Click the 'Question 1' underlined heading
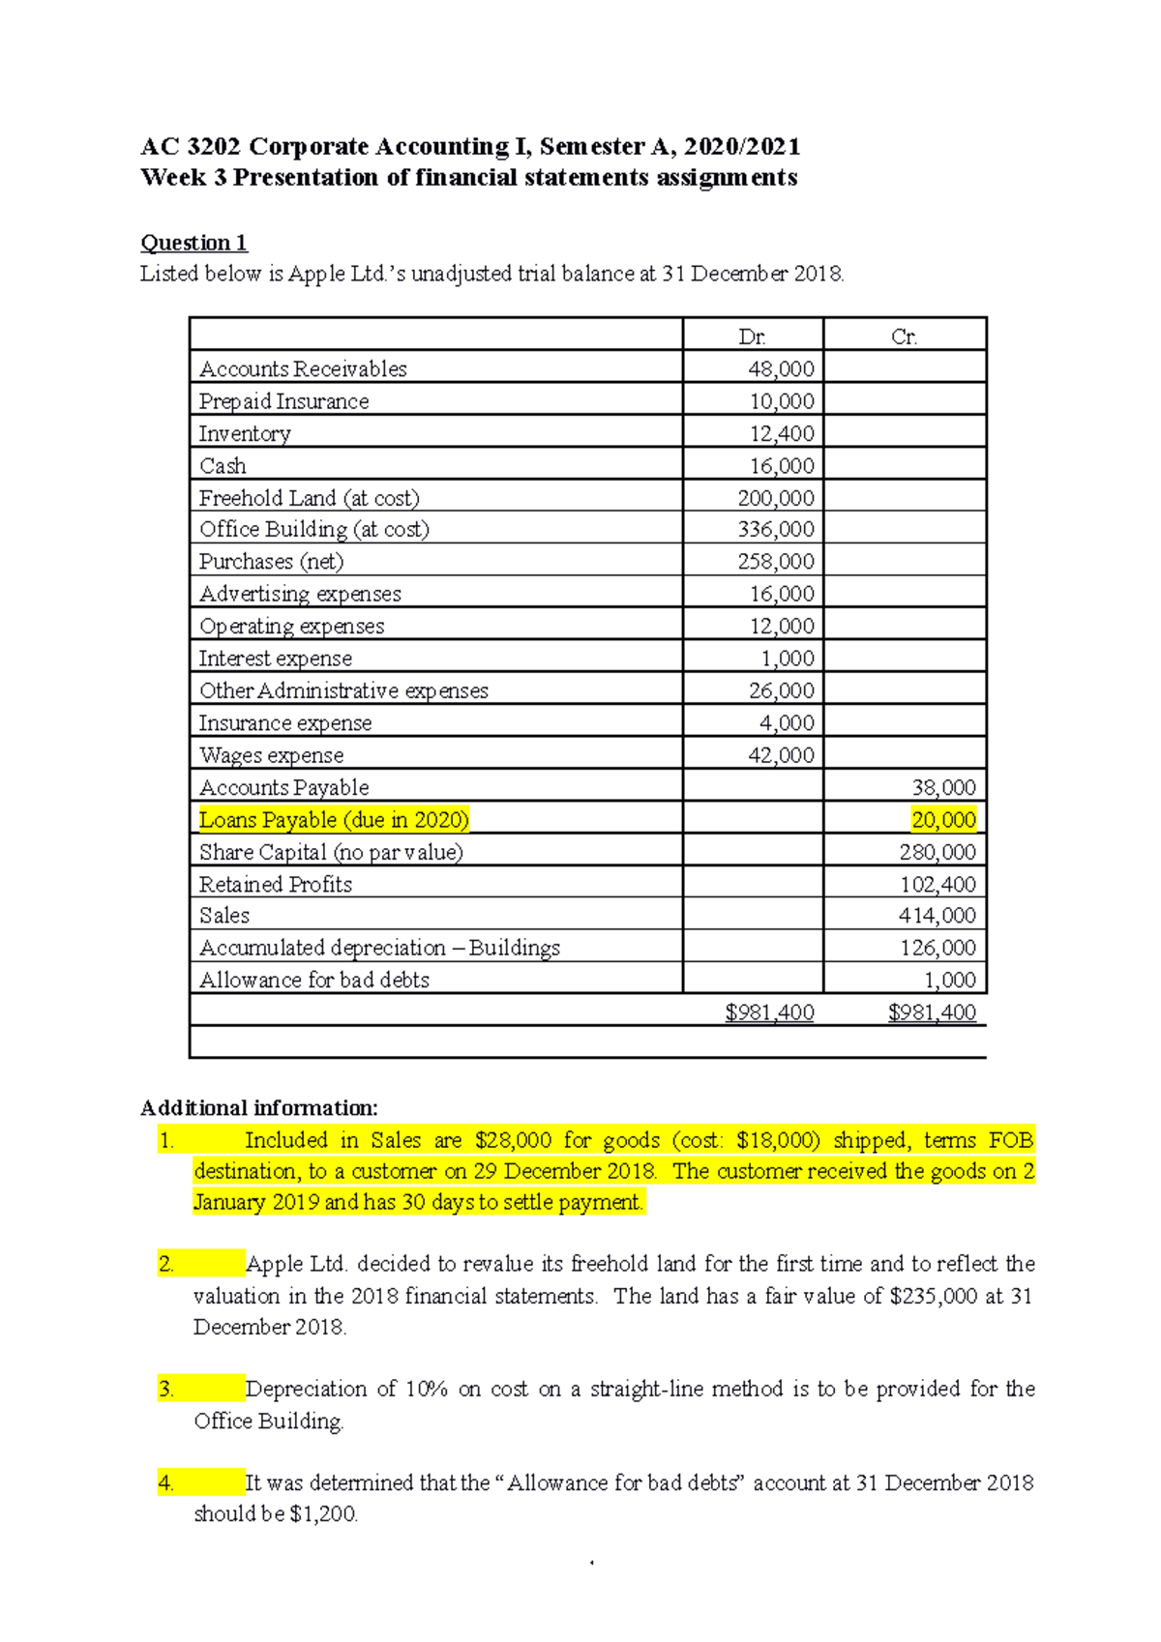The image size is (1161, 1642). [x=193, y=243]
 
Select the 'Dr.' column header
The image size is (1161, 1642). [x=752, y=337]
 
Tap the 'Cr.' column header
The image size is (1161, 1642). [x=904, y=337]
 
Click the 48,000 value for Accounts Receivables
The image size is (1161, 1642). [x=781, y=368]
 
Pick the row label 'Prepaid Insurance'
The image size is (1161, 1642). [x=283, y=401]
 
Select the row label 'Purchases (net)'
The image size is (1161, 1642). [x=271, y=562]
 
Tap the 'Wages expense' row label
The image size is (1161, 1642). [x=271, y=755]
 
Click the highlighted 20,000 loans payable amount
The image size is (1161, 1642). [x=943, y=820]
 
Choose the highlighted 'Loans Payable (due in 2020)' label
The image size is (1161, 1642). [x=334, y=820]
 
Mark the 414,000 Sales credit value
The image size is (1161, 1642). [x=938, y=915]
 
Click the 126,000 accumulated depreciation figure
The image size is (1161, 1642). [x=938, y=948]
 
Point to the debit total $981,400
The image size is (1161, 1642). [x=769, y=1012]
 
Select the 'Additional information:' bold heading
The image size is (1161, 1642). [x=258, y=1108]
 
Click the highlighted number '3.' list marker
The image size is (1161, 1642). [x=166, y=1390]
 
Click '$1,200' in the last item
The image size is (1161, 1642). [x=322, y=1514]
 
